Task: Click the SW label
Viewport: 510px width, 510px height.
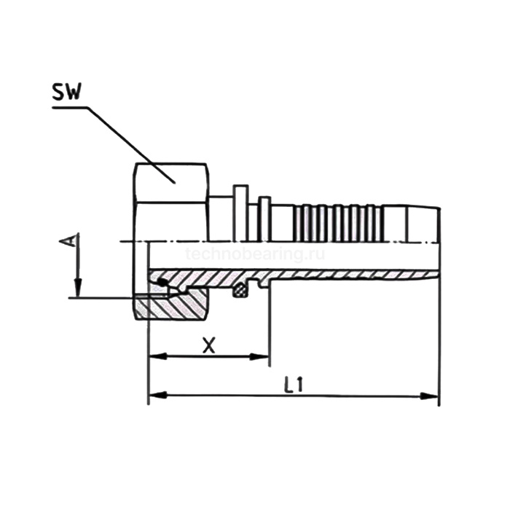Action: [x=66, y=93]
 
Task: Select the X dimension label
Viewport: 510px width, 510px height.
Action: [x=208, y=345]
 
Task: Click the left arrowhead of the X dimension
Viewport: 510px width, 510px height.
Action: [x=158, y=356]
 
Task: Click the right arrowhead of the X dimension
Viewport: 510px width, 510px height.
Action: [x=259, y=357]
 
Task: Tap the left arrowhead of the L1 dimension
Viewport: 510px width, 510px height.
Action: [x=158, y=396]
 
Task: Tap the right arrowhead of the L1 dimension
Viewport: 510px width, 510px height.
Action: [x=429, y=396]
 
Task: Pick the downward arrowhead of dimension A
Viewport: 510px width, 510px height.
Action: [x=78, y=288]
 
